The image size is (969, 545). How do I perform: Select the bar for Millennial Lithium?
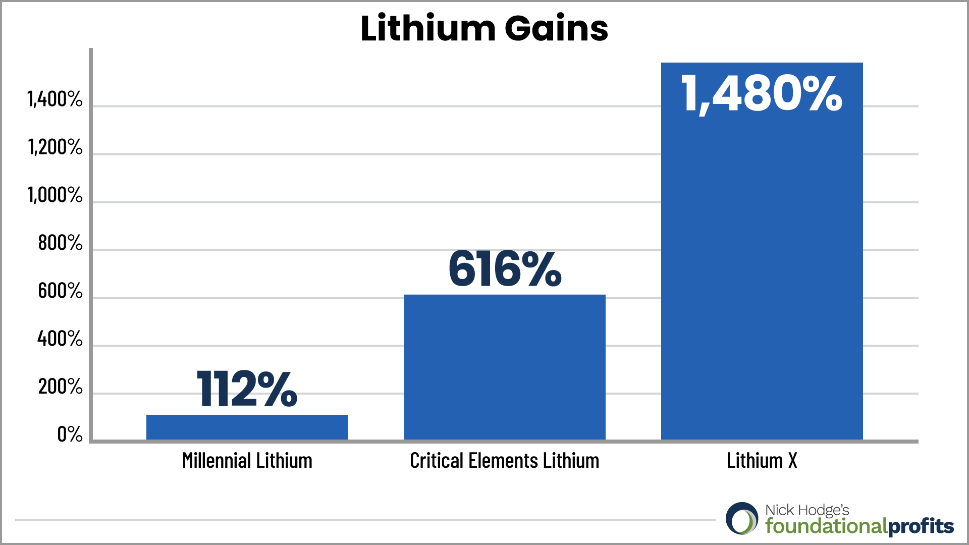(x=247, y=427)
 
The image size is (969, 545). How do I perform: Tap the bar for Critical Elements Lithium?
(x=505, y=367)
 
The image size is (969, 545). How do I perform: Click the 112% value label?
(x=247, y=388)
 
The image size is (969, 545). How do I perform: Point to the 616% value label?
(x=505, y=269)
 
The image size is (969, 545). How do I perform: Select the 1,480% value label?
(x=762, y=94)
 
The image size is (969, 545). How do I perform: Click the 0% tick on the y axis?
(x=70, y=434)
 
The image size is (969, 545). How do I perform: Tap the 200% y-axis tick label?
(x=60, y=387)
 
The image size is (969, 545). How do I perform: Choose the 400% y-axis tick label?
(x=60, y=339)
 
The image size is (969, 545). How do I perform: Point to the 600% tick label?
(x=60, y=291)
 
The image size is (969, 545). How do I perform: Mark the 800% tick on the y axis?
(x=60, y=243)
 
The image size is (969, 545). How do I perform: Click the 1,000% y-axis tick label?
(x=55, y=195)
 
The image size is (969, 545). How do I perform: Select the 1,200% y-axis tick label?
(x=55, y=147)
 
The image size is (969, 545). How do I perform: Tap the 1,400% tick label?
(x=55, y=99)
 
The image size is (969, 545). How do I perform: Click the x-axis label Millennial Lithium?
(x=247, y=461)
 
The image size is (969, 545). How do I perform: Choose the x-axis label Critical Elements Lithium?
(x=505, y=461)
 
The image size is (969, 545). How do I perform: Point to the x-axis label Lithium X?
(x=762, y=461)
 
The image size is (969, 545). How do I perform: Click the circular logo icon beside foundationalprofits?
(x=742, y=519)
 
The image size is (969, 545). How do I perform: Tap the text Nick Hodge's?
(x=807, y=510)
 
